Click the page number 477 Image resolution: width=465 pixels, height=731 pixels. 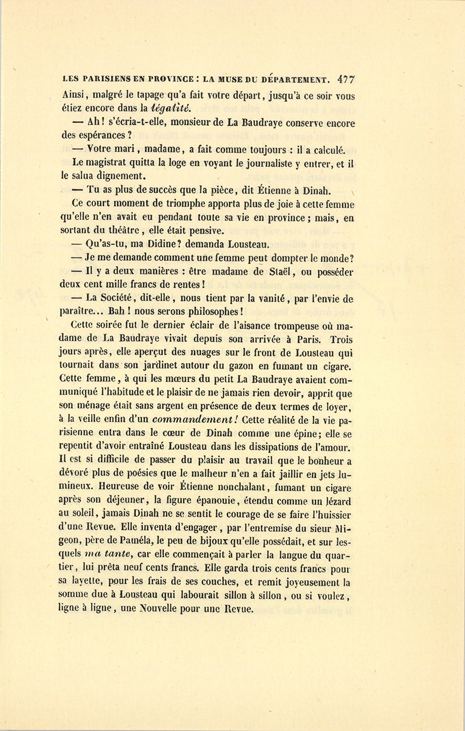coord(346,80)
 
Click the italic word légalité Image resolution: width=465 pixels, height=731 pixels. coord(171,108)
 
